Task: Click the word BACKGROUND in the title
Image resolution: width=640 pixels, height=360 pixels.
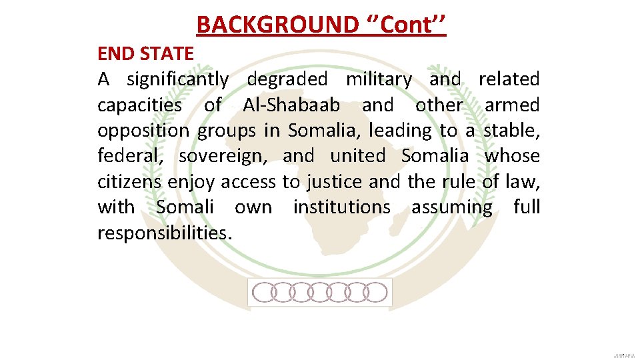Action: [277, 25]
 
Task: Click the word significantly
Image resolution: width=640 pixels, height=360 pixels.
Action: [177, 79]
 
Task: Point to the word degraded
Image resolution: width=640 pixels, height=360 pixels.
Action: [287, 79]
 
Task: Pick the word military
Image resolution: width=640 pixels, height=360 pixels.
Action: [379, 79]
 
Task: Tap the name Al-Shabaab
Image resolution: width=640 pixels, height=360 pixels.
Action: [291, 105]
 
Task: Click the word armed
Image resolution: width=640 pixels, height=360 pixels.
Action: [512, 105]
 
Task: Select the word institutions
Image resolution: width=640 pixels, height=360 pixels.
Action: [342, 207]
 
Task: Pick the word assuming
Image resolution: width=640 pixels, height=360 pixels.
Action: [451, 208]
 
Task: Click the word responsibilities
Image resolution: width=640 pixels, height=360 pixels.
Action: [165, 233]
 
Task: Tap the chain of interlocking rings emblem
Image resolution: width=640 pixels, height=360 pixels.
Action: [320, 292]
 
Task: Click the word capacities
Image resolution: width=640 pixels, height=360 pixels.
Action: [139, 105]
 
